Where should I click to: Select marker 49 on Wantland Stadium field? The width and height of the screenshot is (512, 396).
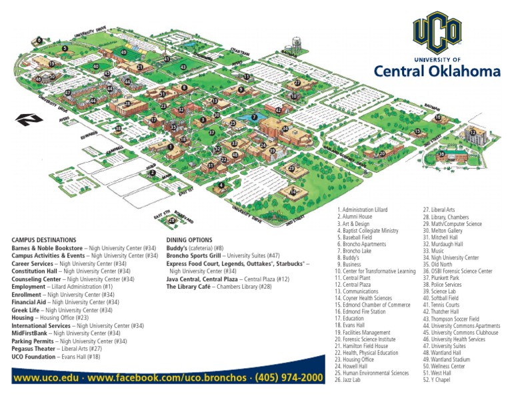124,52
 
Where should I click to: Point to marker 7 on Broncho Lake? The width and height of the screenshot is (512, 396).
253,117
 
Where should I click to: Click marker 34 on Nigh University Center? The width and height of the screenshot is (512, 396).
285,128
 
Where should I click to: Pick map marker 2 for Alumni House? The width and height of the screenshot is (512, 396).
153,173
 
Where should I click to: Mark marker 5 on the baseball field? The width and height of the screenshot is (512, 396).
65,48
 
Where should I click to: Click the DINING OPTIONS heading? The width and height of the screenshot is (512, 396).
189,239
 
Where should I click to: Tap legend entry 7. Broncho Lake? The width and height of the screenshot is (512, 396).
357,244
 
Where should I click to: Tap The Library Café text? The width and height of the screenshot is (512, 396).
190,287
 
